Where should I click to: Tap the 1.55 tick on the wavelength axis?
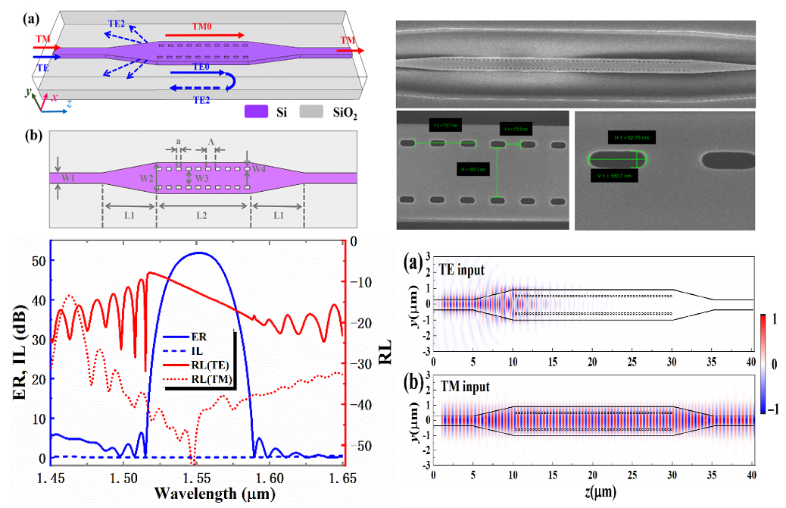(x=198, y=479)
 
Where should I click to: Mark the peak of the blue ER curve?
(x=198, y=252)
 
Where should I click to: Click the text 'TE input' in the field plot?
(x=464, y=268)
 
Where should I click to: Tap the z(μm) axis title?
(x=594, y=494)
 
